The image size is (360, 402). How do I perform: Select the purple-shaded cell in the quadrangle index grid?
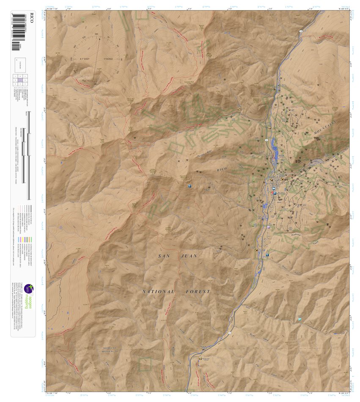pyautogui.click(x=20, y=79)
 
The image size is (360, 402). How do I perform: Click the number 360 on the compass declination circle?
pyautogui.click(x=96, y=34)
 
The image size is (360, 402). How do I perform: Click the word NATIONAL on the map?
pyautogui.click(x=158, y=292)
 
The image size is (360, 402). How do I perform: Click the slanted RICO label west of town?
pyautogui.click(x=221, y=170)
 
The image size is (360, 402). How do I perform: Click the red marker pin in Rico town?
pyautogui.click(x=273, y=192)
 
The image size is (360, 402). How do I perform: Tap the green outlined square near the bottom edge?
pyautogui.click(x=145, y=364)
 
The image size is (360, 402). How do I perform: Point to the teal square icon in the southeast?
pyautogui.click(x=300, y=319)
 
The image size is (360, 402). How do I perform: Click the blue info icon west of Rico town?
pyautogui.click(x=189, y=186)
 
